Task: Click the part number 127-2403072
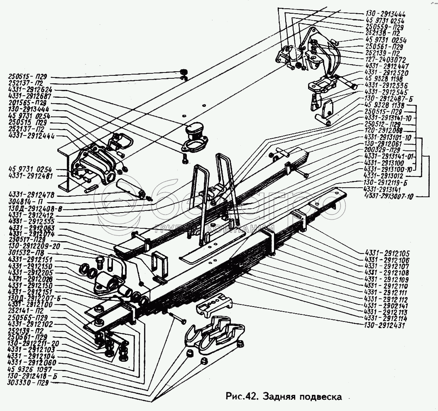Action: point(385,60)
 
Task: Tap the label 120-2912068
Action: point(385,131)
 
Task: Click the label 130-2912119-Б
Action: point(386,182)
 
